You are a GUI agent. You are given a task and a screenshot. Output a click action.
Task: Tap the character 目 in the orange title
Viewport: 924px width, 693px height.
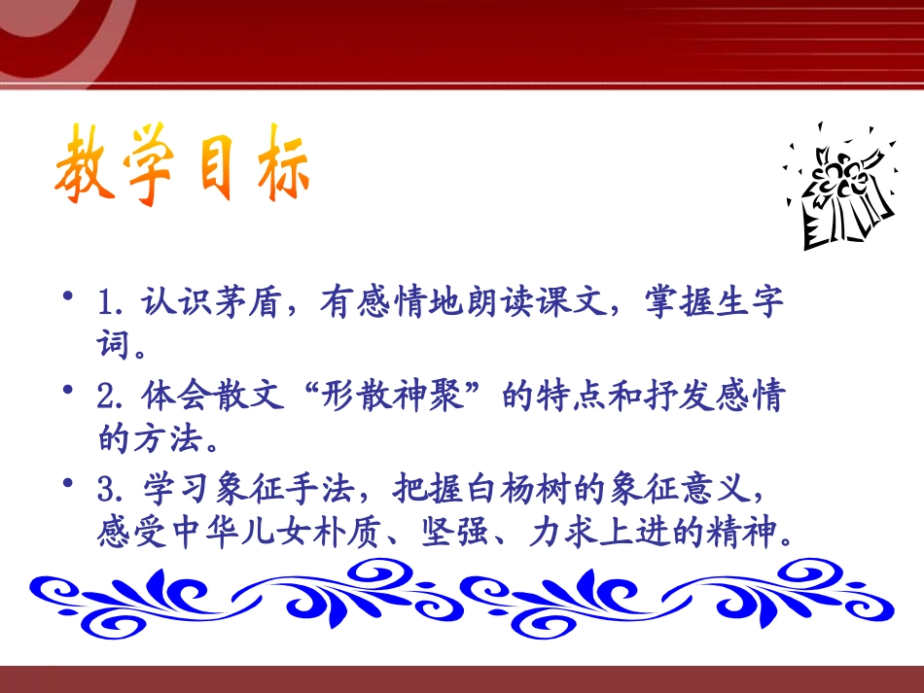215,166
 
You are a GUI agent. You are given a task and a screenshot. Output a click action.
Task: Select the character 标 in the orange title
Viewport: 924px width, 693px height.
283,162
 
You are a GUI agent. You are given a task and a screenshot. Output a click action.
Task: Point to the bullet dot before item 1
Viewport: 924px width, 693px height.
68,295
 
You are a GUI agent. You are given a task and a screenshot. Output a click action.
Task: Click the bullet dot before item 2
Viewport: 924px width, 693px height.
68,389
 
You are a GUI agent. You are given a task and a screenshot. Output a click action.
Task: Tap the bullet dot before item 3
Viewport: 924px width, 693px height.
68,483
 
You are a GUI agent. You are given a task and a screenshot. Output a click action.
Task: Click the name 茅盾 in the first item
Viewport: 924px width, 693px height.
247,301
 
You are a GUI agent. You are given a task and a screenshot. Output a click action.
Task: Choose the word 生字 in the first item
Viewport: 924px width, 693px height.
750,301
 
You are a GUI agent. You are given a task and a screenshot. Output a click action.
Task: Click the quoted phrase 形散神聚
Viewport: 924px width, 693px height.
391,395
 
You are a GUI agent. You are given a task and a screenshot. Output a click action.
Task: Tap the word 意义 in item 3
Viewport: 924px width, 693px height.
718,489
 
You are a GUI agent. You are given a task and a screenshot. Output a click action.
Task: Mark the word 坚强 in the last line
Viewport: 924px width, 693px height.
455,532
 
